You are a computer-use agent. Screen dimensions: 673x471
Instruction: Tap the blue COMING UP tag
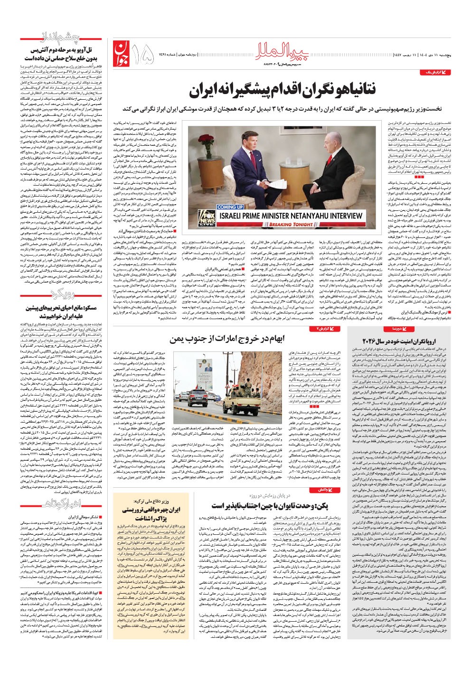click(x=230, y=207)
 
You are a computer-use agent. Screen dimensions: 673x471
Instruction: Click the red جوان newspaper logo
click(x=121, y=53)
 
